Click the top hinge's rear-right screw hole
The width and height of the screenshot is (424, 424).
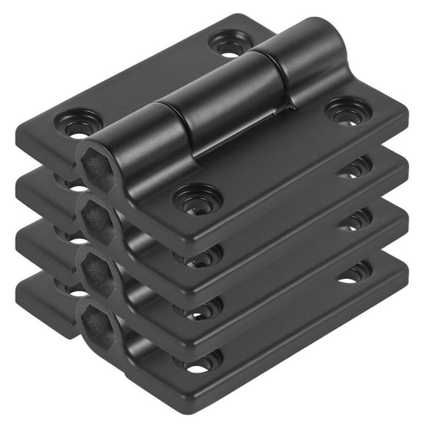230,44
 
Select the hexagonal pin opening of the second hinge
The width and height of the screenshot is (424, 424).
98,219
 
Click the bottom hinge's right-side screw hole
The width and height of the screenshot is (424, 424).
354,273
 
